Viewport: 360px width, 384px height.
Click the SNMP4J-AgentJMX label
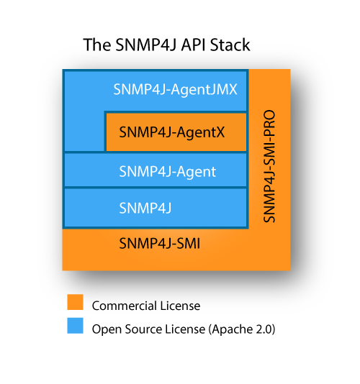coord(175,90)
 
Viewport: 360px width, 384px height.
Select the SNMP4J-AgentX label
coord(171,132)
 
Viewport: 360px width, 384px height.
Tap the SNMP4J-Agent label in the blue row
coord(167,172)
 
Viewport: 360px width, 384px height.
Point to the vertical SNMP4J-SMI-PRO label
coord(269,166)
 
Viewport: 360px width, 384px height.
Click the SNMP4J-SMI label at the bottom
coord(159,244)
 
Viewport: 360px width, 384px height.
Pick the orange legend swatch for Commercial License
coord(76,302)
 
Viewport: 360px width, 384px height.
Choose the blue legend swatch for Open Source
coord(76,326)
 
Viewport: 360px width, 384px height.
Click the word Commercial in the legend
coord(125,306)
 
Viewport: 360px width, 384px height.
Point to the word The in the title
coord(97,45)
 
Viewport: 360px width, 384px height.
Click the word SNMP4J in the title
coord(146,45)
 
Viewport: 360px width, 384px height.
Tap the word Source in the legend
coord(143,329)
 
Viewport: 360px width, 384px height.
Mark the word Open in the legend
coord(107,329)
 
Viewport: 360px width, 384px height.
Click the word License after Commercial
coord(180,306)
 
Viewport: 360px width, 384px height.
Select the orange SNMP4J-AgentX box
coord(176,132)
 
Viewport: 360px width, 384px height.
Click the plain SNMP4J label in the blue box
coord(145,209)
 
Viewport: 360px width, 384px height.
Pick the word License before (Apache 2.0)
coord(185,329)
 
